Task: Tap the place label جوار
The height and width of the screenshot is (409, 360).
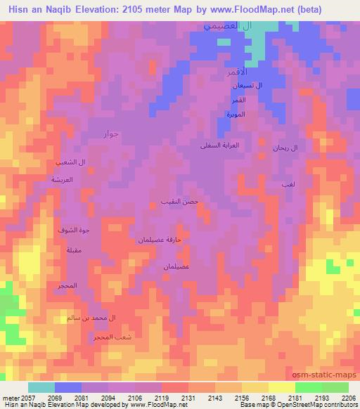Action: pyautogui.click(x=112, y=134)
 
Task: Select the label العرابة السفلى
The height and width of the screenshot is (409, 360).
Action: pyautogui.click(x=220, y=145)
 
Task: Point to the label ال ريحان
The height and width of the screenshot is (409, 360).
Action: pyautogui.click(x=285, y=148)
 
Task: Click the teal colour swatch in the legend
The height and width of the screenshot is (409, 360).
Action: pyautogui.click(x=41, y=387)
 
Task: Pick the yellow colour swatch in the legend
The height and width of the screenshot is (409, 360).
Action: pyautogui.click(x=281, y=387)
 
